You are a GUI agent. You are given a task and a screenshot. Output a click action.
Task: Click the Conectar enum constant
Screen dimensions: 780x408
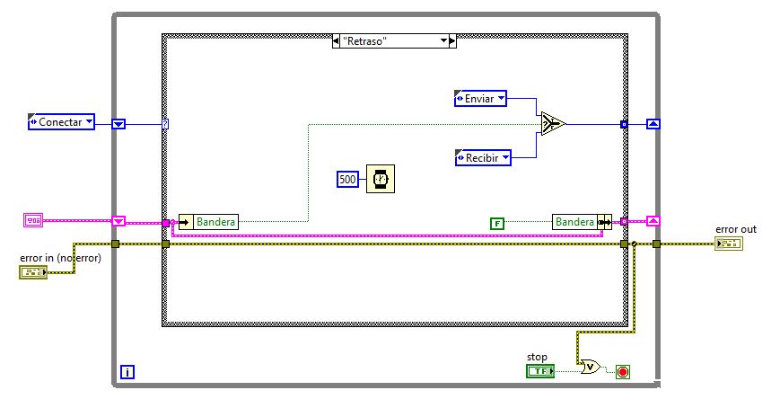pyautogui.click(x=61, y=122)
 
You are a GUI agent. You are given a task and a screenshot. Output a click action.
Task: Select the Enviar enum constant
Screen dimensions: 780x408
pyautogui.click(x=480, y=99)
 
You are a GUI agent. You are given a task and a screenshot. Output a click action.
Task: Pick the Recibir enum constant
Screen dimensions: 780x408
pyautogui.click(x=483, y=158)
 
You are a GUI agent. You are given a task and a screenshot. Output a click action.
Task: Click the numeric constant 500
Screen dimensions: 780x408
pyautogui.click(x=347, y=180)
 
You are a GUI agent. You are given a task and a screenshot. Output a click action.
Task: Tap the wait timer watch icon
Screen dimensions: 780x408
pyautogui.click(x=381, y=179)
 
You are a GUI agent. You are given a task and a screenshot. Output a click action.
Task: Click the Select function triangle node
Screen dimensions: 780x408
pyautogui.click(x=553, y=123)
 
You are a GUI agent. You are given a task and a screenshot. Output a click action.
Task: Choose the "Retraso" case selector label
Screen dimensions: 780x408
pyautogui.click(x=394, y=40)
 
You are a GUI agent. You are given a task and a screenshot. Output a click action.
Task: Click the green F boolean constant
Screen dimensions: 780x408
pyautogui.click(x=497, y=224)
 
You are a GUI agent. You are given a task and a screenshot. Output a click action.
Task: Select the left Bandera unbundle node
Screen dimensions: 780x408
pyautogui.click(x=208, y=222)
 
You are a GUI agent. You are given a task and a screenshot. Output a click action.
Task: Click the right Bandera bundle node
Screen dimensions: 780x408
pyautogui.click(x=582, y=222)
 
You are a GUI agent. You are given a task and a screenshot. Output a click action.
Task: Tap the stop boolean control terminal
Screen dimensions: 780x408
pyautogui.click(x=540, y=371)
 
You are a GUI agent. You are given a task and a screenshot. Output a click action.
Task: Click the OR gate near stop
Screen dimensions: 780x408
pyautogui.click(x=591, y=368)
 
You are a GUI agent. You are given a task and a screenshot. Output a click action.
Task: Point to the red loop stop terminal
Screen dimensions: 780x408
pyautogui.click(x=623, y=372)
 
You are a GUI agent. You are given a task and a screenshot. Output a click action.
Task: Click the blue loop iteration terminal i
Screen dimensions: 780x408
pyautogui.click(x=127, y=372)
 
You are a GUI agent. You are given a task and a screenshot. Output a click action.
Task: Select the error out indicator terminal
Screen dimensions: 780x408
pyautogui.click(x=729, y=244)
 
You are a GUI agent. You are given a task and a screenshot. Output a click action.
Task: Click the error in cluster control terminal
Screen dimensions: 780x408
pyautogui.click(x=33, y=272)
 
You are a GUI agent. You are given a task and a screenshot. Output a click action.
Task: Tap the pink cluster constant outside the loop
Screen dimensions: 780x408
pyautogui.click(x=33, y=220)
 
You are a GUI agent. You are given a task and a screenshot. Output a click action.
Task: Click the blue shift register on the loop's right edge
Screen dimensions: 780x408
pyautogui.click(x=653, y=124)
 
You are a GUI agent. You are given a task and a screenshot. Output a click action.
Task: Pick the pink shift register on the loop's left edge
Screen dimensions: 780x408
pyautogui.click(x=118, y=221)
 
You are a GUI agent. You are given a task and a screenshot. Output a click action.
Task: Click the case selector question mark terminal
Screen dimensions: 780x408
pyautogui.click(x=165, y=124)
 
